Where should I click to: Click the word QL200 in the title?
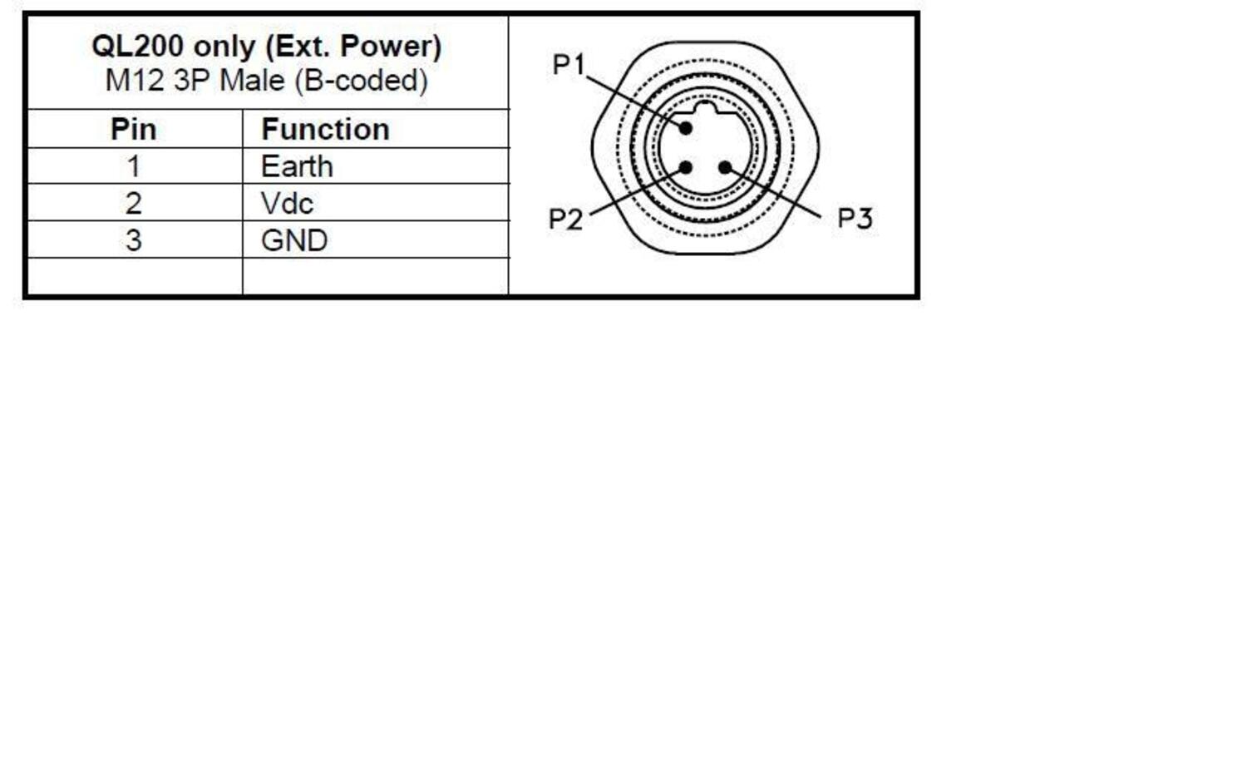[x=137, y=47]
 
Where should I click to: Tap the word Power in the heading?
[x=390, y=47]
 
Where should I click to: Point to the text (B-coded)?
[x=362, y=81]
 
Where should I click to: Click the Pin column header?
[x=134, y=130]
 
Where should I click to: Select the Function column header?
[x=325, y=130]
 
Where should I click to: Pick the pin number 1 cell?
[x=134, y=166]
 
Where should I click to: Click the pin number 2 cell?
[x=134, y=204]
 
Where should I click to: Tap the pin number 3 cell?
[x=134, y=240]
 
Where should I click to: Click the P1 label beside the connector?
[x=569, y=65]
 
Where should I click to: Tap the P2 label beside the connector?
[x=565, y=219]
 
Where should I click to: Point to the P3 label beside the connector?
[x=855, y=218]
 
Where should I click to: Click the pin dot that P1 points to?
[x=686, y=129]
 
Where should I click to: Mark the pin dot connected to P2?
[x=686, y=168]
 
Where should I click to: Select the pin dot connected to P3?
[x=725, y=167]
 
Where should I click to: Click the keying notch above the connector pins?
[x=705, y=108]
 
